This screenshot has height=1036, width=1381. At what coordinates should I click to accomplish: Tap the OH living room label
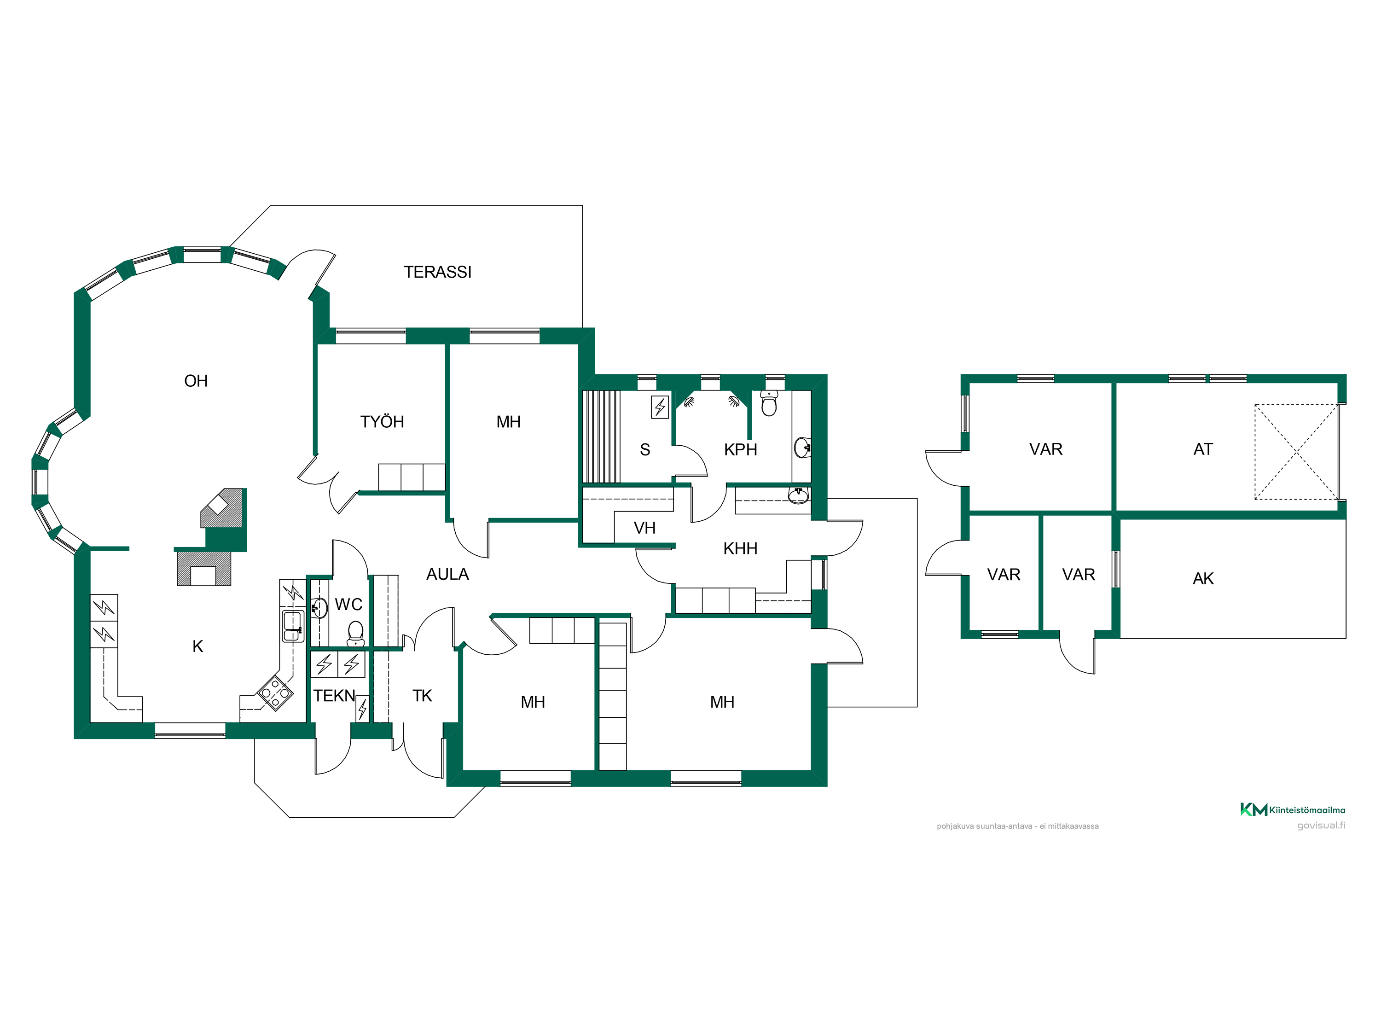pyautogui.click(x=196, y=381)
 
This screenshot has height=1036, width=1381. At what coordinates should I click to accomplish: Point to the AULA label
pyautogui.click(x=447, y=574)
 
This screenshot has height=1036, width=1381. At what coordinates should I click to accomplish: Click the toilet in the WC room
pyautogui.click(x=355, y=633)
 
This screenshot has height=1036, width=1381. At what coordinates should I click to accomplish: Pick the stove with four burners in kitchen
pyautogui.click(x=275, y=693)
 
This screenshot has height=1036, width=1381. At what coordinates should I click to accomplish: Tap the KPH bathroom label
pyautogui.click(x=740, y=449)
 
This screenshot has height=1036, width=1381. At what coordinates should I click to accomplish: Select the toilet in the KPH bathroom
pyautogui.click(x=769, y=403)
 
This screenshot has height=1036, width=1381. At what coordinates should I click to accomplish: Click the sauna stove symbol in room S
pyautogui.click(x=660, y=407)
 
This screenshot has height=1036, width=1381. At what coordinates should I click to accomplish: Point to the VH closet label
pyautogui.click(x=644, y=528)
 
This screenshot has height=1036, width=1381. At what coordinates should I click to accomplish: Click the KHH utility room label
pyautogui.click(x=740, y=549)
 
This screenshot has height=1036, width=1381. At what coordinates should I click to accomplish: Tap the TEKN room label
pyautogui.click(x=334, y=696)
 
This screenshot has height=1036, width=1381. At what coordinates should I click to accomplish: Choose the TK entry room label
pyautogui.click(x=422, y=696)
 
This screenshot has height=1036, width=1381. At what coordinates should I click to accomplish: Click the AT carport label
pyautogui.click(x=1202, y=449)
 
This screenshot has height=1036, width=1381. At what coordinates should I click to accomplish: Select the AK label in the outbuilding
pyautogui.click(x=1203, y=579)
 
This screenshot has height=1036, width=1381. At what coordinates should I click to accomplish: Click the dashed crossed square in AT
pyautogui.click(x=1296, y=452)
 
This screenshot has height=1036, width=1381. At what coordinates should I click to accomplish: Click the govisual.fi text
pyautogui.click(x=1321, y=826)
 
